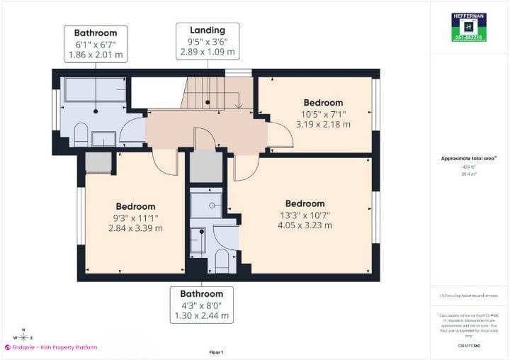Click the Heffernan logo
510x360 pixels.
point(468,28)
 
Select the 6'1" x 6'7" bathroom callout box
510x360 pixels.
point(96,44)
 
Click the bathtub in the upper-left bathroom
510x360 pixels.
point(95,91)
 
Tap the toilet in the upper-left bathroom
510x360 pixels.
point(81,134)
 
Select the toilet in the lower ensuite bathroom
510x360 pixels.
point(222,261)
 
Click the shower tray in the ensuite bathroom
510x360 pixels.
point(206,206)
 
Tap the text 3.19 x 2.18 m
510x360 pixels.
point(323,124)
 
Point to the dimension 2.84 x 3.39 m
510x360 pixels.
point(135,228)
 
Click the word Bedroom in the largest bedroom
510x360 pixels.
point(305,204)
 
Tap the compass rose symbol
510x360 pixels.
point(23,337)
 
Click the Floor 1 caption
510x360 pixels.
point(216,352)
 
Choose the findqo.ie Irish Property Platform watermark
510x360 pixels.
point(51,347)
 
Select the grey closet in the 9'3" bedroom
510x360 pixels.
point(98,162)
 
